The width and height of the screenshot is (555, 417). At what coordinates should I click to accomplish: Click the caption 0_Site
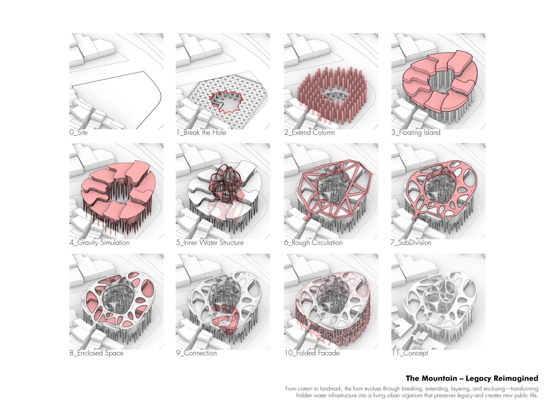point(78,133)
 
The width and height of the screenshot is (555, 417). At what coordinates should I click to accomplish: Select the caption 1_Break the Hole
point(201,133)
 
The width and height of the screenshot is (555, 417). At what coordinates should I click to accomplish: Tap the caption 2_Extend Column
point(309,133)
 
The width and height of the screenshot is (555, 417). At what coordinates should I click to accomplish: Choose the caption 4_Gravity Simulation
point(99,243)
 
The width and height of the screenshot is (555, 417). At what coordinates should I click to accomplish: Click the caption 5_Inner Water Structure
point(210,243)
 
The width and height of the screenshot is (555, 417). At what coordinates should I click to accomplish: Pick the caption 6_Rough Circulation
point(313,243)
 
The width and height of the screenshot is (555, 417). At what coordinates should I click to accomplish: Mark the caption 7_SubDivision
point(411,243)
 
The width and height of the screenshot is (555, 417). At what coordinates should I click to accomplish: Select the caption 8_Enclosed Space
point(97,353)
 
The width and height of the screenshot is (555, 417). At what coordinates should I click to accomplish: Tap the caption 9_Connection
point(197,353)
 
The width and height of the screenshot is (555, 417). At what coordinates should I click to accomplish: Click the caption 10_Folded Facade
point(312,353)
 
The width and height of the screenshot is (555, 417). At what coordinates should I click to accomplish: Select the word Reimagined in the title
point(518,378)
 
